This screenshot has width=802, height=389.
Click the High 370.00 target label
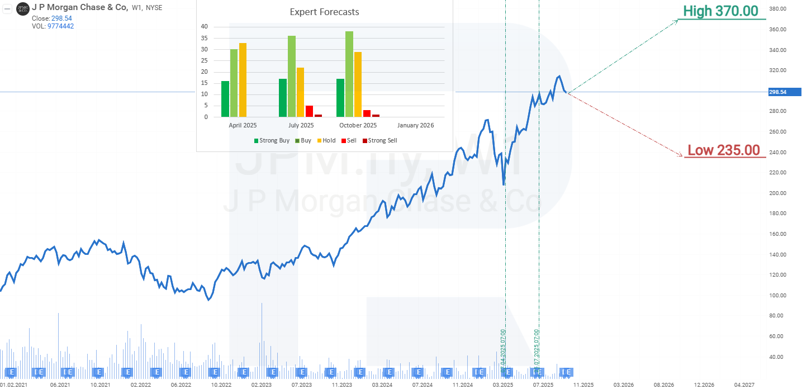tap(720, 11)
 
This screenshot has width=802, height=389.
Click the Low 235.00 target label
tap(723, 150)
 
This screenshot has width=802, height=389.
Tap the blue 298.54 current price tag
tap(785, 92)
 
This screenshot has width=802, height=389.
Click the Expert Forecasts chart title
tap(324, 12)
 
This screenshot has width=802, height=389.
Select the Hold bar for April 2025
tap(243, 80)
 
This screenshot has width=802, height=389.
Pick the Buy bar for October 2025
tap(349, 74)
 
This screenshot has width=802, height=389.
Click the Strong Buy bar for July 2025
tap(283, 98)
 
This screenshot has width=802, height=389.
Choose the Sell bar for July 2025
tap(309, 111)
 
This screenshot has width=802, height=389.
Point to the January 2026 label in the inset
tap(416, 125)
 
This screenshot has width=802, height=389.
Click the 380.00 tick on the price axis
tap(777, 9)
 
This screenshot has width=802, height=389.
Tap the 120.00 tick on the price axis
tap(777, 275)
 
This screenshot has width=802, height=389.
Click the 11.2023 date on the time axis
tap(341, 385)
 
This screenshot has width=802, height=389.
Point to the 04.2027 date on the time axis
tap(744, 385)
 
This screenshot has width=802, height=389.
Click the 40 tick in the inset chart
tap(204, 26)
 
